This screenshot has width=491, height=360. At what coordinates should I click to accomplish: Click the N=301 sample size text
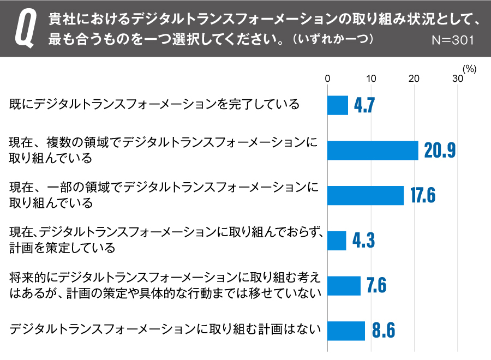point(452,40)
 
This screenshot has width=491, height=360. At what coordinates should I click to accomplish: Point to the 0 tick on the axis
point(327,79)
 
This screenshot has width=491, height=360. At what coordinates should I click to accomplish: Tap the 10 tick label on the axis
point(371,79)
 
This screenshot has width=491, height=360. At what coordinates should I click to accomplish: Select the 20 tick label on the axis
point(414,79)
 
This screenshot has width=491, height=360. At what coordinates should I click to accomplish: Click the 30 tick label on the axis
point(457,79)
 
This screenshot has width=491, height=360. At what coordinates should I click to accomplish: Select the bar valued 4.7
point(338,105)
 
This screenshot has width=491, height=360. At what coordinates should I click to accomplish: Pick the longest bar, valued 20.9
point(373,150)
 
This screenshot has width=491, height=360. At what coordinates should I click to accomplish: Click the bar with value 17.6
point(366,195)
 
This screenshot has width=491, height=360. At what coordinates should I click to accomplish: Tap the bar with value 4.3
point(337,241)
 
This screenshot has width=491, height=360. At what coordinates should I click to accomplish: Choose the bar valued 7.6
point(344,286)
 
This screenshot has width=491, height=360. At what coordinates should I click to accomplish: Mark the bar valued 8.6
point(346,331)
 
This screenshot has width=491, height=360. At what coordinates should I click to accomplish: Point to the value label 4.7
point(364,105)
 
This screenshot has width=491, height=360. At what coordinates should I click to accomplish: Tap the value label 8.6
point(383,331)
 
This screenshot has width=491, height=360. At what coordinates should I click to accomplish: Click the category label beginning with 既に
point(154,104)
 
